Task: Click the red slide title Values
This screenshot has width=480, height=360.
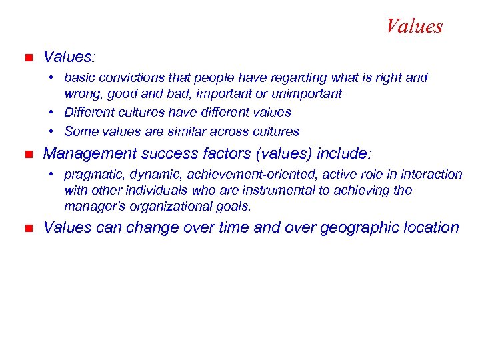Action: point(414,27)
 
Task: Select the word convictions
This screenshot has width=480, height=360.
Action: point(127,78)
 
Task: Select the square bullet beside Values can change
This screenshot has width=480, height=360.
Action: point(27,228)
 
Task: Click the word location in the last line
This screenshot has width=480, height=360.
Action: point(435,228)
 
